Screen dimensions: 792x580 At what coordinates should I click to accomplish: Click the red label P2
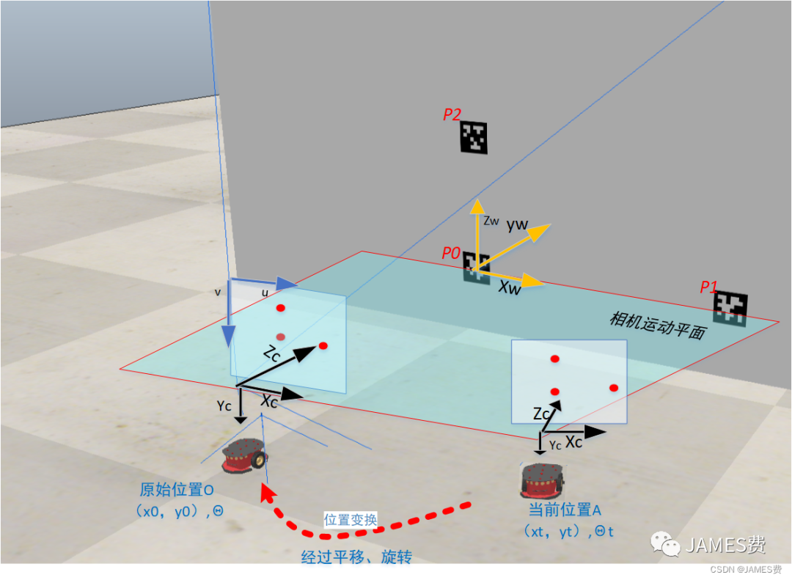452,114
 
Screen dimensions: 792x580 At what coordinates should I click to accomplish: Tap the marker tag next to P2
474,138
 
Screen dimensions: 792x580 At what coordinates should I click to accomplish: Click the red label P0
451,254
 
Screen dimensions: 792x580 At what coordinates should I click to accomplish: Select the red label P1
709,287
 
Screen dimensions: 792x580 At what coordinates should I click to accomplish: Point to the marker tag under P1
730,308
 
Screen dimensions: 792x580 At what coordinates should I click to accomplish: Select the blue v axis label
218,292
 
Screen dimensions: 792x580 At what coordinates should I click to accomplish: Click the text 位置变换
351,520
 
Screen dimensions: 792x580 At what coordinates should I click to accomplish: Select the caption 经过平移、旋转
356,557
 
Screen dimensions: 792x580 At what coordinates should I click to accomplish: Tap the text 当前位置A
565,510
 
